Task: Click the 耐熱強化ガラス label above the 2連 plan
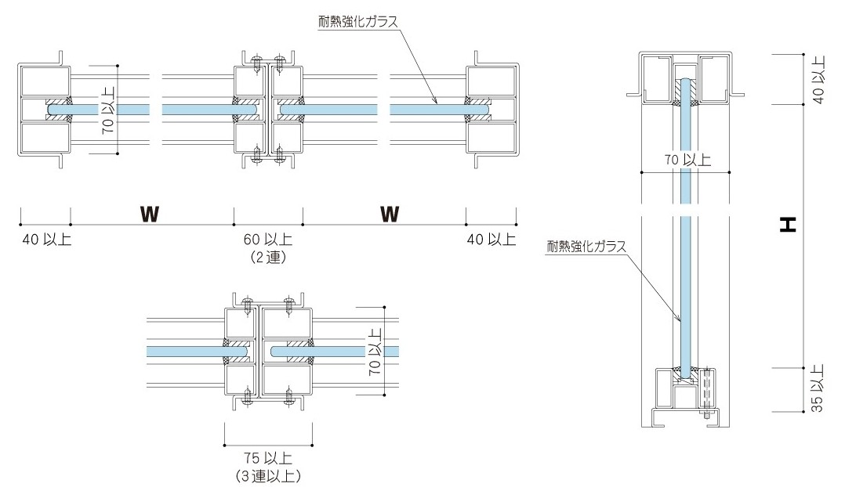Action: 357,22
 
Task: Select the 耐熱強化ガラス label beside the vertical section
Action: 586,247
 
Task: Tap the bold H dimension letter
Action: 788,225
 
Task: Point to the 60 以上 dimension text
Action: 267,240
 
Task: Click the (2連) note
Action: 267,257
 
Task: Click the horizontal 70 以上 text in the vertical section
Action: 687,161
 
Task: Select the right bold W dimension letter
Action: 390,214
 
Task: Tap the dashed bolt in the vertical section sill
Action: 708,388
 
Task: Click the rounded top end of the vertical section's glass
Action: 686,81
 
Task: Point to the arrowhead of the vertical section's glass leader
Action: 679,320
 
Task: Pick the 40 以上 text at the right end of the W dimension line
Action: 491,240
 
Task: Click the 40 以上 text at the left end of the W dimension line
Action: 46,240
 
